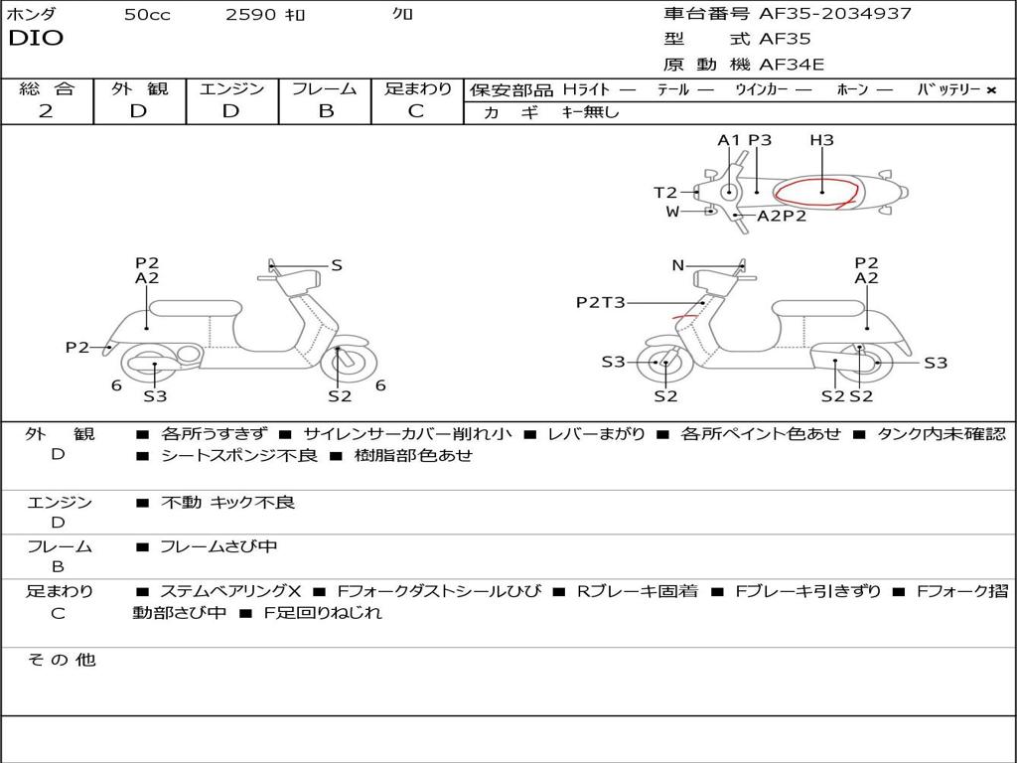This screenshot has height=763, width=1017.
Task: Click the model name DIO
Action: [36, 39]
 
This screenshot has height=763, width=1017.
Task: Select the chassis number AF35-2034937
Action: [834, 14]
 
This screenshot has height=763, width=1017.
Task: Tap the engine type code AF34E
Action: [792, 65]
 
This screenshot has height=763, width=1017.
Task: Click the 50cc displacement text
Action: [147, 15]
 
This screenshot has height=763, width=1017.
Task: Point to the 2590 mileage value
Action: [250, 15]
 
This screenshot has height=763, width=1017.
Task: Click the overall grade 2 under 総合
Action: [46, 111]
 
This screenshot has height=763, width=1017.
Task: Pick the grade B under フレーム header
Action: [326, 111]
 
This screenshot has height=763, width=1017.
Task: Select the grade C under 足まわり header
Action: [416, 111]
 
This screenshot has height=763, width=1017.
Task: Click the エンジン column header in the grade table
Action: [231, 88]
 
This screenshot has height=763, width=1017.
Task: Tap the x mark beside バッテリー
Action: [991, 90]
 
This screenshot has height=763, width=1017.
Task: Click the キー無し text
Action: [590, 112]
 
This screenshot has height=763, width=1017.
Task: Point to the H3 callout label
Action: [821, 140]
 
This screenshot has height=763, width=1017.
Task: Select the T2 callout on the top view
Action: [664, 192]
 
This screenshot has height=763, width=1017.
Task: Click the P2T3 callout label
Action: [601, 302]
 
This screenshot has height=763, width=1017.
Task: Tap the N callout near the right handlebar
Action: [677, 265]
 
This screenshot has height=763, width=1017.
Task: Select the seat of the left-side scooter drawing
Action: [196, 308]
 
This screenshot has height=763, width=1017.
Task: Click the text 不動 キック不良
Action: [227, 502]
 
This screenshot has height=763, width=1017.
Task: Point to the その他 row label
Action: [61, 660]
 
